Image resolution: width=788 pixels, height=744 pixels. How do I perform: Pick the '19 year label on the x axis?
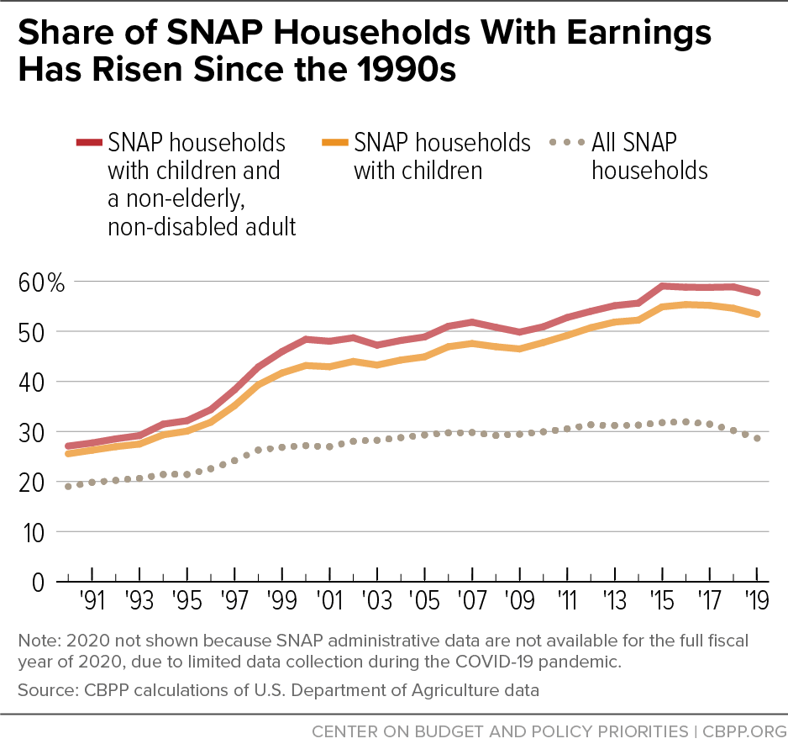(x=759, y=602)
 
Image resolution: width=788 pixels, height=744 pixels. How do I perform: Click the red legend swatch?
(x=87, y=143)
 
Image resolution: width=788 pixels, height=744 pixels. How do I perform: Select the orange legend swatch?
(x=333, y=143)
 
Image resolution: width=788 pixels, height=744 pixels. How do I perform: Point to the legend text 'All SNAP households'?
(x=649, y=156)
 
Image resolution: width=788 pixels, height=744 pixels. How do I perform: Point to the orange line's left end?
(x=67, y=454)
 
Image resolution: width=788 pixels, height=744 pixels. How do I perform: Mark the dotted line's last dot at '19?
(x=759, y=438)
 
